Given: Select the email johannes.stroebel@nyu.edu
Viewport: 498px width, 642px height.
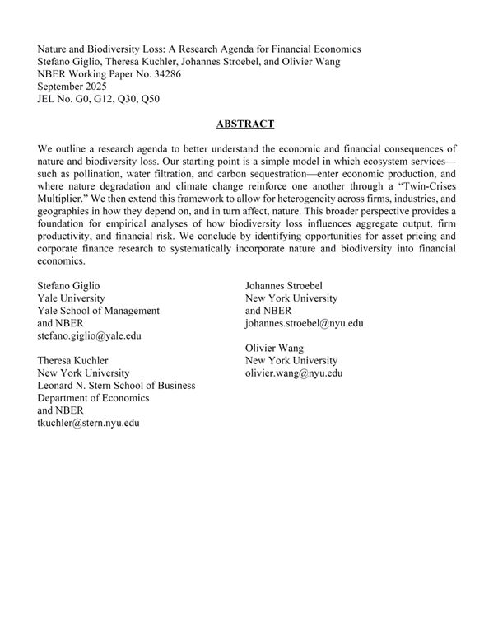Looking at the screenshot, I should coord(304,324).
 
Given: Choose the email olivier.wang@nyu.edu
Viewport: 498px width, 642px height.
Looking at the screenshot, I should coord(294,373).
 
